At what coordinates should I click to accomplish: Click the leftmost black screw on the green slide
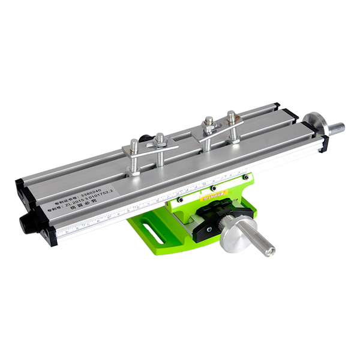tap(179, 199)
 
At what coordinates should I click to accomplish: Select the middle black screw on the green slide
tap(213, 188)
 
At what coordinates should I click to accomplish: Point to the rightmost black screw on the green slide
tap(245, 177)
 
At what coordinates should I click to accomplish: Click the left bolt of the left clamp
tap(135, 157)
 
